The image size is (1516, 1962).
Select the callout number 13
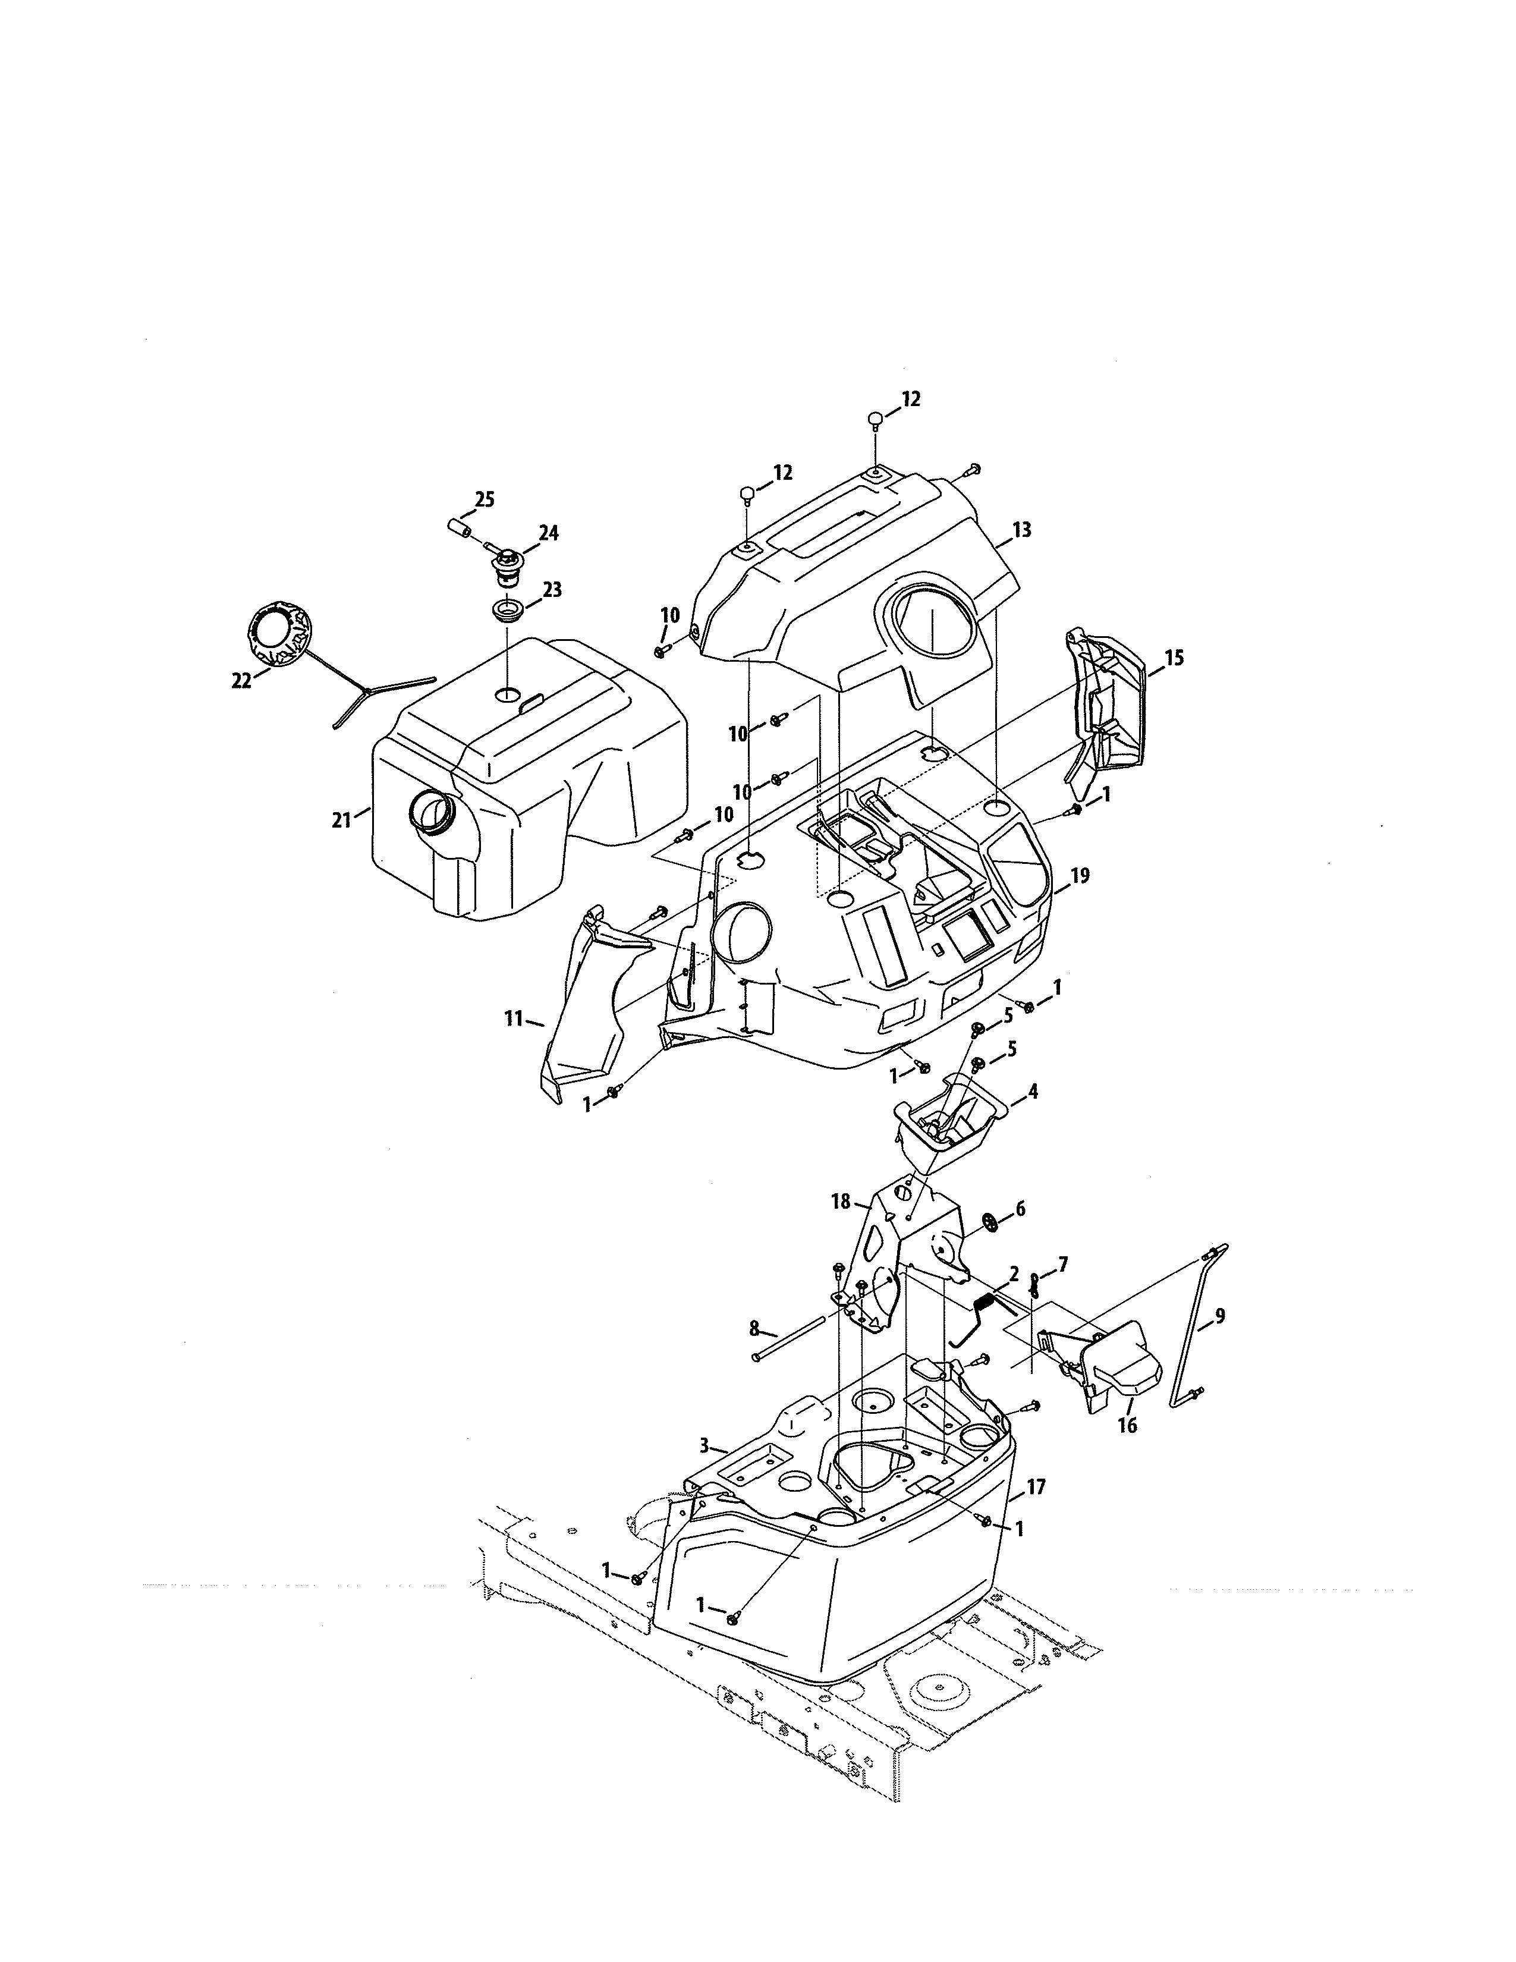click(1021, 529)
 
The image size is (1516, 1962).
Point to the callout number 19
click(1080, 875)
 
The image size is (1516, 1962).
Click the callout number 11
click(514, 1018)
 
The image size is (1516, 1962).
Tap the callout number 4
click(1033, 1092)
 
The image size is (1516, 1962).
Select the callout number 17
click(1036, 1488)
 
